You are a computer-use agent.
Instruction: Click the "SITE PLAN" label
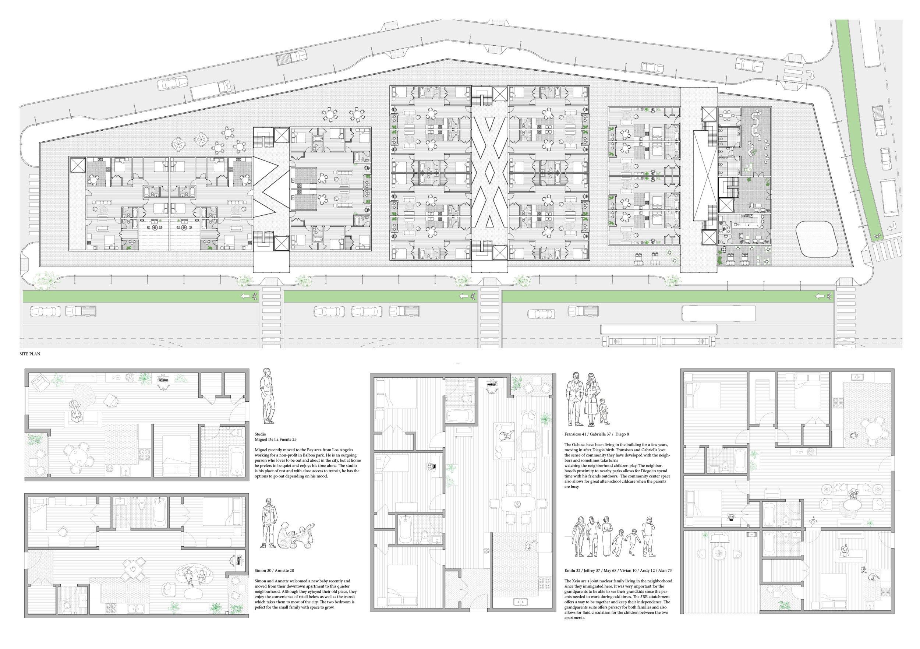(30, 354)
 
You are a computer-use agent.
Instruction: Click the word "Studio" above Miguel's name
(260, 434)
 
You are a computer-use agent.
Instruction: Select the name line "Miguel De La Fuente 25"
(276, 439)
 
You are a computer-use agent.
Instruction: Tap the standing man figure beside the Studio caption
(267, 396)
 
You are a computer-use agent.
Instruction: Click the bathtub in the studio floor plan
(236, 461)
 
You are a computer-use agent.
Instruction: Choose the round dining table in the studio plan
(76, 457)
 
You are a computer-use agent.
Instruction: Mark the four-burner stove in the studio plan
(144, 454)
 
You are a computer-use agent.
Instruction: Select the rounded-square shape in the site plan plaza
(817, 239)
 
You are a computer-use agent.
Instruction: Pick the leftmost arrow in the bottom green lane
(244, 296)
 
